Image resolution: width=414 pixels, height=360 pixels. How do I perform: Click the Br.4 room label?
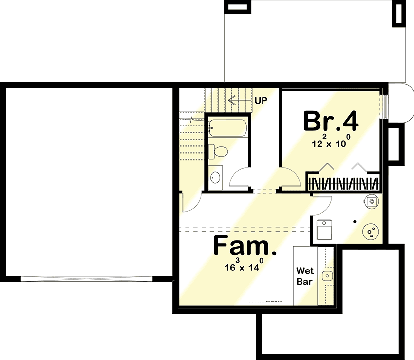point(331,122)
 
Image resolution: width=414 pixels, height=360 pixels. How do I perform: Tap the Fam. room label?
point(245,247)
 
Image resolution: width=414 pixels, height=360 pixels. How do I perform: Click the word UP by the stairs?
point(261,101)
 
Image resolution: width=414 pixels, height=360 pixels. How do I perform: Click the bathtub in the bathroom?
point(227,128)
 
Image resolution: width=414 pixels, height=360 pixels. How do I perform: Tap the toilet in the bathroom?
point(217,151)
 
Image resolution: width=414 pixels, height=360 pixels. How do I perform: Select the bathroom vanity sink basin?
point(215,177)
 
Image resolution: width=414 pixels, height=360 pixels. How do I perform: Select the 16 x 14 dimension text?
point(244,266)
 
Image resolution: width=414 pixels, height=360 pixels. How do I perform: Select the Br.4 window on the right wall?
point(385,106)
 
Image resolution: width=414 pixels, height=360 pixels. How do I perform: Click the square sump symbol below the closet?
point(372,200)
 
